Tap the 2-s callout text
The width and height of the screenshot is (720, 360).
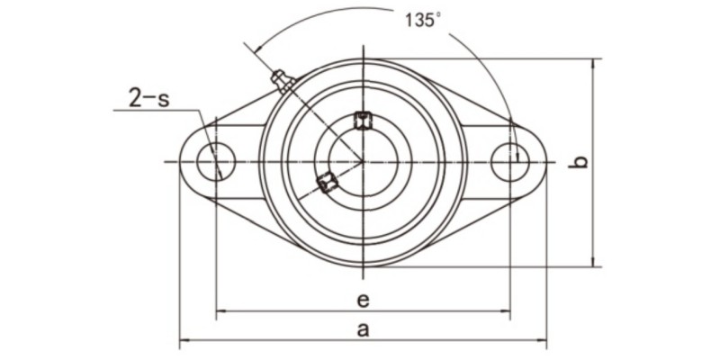(x=148, y=97)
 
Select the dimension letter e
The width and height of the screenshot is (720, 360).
(x=363, y=299)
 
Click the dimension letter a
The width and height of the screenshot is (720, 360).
(x=363, y=328)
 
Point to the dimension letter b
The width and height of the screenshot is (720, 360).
(x=580, y=163)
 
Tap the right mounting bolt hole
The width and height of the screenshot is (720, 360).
(x=510, y=162)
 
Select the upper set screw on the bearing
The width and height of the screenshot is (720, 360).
(x=363, y=120)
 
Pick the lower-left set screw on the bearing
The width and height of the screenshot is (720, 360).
(x=327, y=183)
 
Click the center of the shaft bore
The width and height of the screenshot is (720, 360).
(x=363, y=162)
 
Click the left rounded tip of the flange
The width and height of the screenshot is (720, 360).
(x=181, y=162)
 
